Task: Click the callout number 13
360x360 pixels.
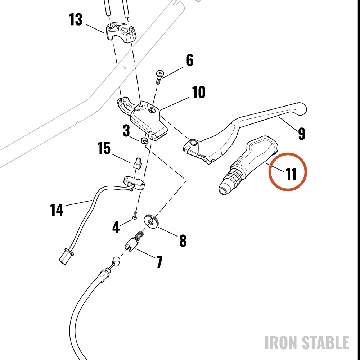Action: (x=76, y=19)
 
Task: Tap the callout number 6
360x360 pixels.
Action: (x=190, y=60)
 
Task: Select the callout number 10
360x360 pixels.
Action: (x=199, y=92)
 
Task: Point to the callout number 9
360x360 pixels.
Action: (x=302, y=134)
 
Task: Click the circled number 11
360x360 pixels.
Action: (x=291, y=174)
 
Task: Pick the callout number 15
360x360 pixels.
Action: (x=104, y=148)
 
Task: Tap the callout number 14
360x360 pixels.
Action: (x=57, y=210)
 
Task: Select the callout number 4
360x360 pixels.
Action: (x=116, y=227)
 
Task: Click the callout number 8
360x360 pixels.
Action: (x=183, y=240)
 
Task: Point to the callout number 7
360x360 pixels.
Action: (x=159, y=262)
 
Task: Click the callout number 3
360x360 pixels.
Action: (x=126, y=131)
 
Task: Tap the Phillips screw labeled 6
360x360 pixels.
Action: (x=159, y=77)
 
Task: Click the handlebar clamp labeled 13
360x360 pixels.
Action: (x=121, y=32)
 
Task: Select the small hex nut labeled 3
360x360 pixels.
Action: (x=144, y=140)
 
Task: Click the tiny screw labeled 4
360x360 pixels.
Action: (x=135, y=216)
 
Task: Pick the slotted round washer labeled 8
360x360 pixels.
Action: (x=151, y=221)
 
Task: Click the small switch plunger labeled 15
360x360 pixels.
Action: (x=138, y=163)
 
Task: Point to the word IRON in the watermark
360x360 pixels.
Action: (x=282, y=343)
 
